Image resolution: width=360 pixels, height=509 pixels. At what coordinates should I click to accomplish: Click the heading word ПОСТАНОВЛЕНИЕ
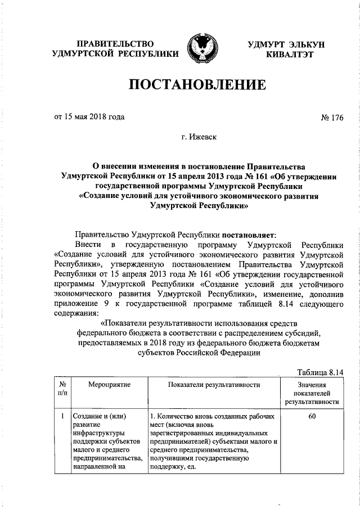197,85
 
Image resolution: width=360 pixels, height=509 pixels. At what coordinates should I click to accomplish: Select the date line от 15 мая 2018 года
89,117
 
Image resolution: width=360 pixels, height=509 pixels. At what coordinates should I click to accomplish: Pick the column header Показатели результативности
214,385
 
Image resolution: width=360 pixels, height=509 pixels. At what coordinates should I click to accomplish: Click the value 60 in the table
312,417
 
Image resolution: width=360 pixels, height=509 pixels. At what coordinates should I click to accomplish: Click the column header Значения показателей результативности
312,393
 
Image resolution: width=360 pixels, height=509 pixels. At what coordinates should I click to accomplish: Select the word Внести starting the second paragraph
88,246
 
